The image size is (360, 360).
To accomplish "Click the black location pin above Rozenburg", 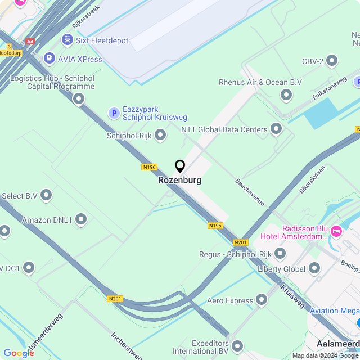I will pos(180,166).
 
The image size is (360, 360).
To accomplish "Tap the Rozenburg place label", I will pos(180,181).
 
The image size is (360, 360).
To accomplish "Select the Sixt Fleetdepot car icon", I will pos(67,40).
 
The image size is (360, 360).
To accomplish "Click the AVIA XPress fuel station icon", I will pos(49,58).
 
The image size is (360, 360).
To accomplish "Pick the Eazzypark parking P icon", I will pos(114,114).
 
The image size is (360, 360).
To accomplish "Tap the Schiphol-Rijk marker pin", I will pos(161,135).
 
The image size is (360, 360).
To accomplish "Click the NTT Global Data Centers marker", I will pos(276,129).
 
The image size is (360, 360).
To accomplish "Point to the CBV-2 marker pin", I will pos(332,61).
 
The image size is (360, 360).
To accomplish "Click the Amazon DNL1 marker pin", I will pos(81,219).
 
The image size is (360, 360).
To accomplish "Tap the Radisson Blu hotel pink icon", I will pos(337,231).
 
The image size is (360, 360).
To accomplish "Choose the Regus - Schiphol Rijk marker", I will pos(280,254).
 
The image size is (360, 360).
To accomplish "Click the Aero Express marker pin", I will pos(262,300).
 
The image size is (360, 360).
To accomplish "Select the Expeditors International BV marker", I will pos(237,346).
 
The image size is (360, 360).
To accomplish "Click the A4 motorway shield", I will pos(30,41).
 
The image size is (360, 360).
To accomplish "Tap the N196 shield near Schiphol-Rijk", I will pos(149,167).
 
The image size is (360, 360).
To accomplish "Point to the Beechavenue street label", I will pos(250,193).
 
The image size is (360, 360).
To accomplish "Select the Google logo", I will pos(19,353).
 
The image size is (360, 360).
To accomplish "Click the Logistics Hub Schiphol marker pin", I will pos(79,99).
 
